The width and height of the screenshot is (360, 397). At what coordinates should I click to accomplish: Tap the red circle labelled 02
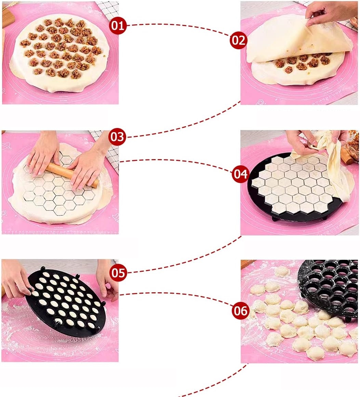[x=238, y=40]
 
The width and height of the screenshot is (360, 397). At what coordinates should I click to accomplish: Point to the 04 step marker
[x=240, y=174]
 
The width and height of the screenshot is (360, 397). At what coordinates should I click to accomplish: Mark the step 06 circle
[x=240, y=311]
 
